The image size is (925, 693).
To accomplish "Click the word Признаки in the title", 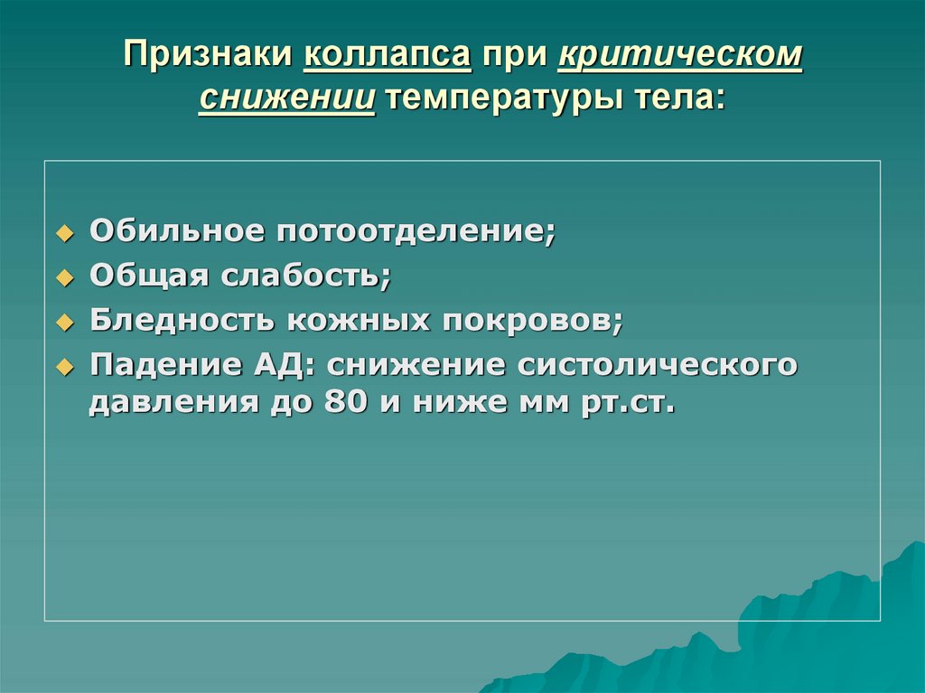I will tap(207, 57).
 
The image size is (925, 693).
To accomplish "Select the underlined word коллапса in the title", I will tap(388, 57).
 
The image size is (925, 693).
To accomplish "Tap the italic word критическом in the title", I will tap(680, 57).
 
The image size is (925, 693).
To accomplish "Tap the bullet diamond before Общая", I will tap(63, 278).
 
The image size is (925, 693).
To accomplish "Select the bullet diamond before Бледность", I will tap(63, 322).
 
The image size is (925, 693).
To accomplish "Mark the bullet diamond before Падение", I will tap(63, 367).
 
